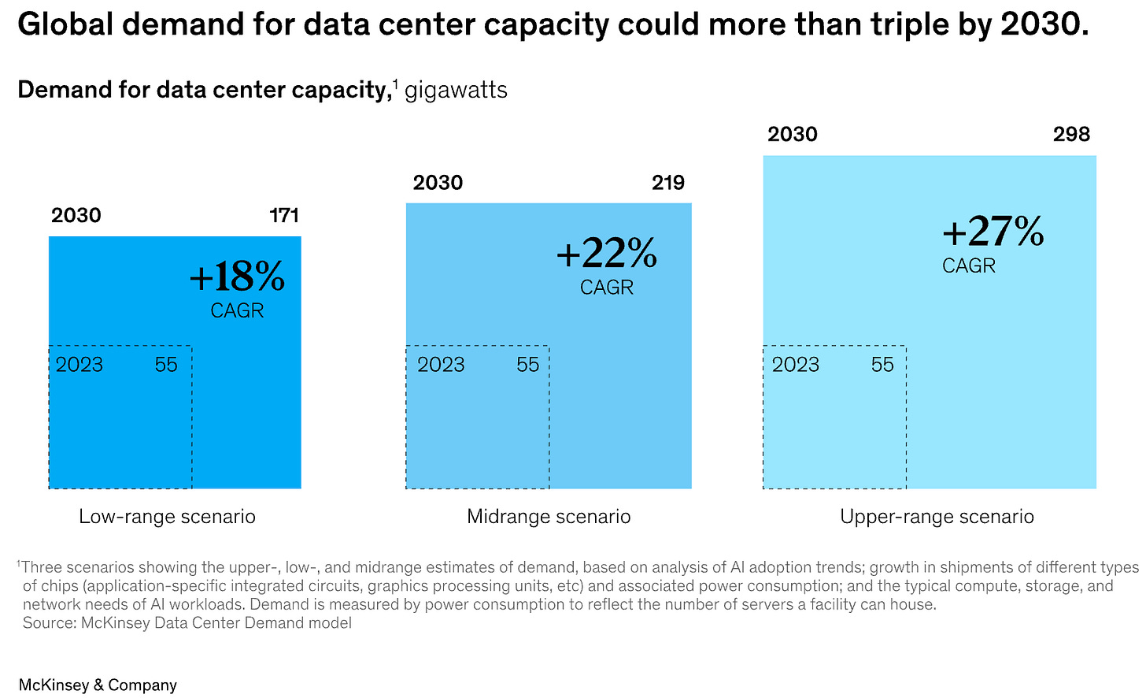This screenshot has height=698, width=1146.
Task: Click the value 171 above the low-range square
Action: [x=284, y=216]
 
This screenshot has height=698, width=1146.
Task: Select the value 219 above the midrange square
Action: [x=667, y=183]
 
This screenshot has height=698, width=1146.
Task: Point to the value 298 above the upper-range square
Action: [x=1071, y=135]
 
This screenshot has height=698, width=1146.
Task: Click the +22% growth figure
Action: [x=606, y=254]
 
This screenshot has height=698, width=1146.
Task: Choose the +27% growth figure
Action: [x=993, y=232]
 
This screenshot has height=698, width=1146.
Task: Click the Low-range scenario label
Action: [x=167, y=517]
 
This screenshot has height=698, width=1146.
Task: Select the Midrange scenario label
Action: [x=549, y=517]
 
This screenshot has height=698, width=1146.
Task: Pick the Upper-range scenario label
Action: [x=937, y=517]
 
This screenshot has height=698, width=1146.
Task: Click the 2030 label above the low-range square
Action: [x=76, y=216]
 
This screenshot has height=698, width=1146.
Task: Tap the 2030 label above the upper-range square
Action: [x=793, y=135]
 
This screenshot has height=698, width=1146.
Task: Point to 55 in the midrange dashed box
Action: [x=528, y=365]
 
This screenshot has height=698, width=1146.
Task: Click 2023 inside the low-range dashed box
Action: [x=79, y=365]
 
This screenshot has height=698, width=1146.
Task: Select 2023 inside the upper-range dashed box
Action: [x=796, y=365]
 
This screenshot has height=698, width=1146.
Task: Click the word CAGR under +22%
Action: [x=606, y=288]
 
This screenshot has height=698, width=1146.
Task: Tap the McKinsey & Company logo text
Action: [x=98, y=685]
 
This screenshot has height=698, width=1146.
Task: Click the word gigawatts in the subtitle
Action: [x=456, y=91]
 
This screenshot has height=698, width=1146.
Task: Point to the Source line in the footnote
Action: [x=187, y=623]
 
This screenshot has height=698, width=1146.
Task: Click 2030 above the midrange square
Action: [x=438, y=183]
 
